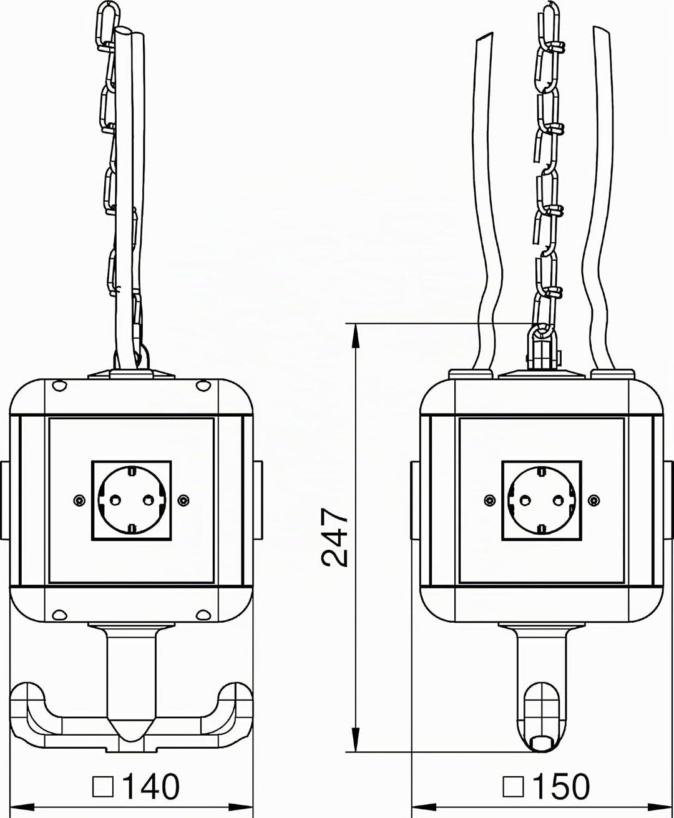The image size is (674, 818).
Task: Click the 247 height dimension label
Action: coord(335,537)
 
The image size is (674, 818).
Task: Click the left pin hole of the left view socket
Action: coord(115,500)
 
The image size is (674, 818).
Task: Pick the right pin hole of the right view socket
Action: coord(559,500)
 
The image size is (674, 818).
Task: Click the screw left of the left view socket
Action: coord(79,500)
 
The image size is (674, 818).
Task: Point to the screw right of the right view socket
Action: coord(594,500)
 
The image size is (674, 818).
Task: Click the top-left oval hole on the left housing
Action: coord(59,386)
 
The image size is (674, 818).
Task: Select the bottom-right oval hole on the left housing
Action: coord(203,615)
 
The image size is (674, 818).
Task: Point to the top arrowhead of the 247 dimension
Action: coord(356,336)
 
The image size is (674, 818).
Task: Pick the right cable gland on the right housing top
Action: coord(612,373)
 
